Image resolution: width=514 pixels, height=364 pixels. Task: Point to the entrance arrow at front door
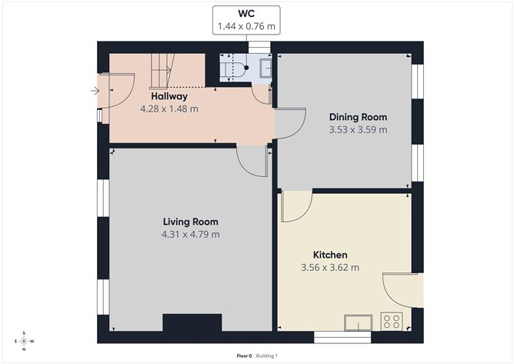tap(95, 91)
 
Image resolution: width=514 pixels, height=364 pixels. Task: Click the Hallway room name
tap(169, 97)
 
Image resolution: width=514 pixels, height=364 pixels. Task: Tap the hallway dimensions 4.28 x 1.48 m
tap(169, 109)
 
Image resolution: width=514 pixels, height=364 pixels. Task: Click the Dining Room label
tap(358, 117)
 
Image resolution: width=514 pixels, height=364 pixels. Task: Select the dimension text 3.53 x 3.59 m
tap(358, 129)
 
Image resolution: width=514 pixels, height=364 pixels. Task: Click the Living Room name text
tap(190, 222)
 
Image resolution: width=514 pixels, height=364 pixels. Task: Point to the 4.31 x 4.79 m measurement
tap(190, 234)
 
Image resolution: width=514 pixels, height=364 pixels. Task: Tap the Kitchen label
tap(329, 255)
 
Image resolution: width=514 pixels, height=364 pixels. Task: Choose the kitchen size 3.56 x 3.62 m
tap(329, 267)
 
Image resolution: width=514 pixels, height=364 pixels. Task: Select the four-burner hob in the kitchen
tap(392, 320)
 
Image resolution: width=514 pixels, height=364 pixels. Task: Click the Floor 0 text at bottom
tap(245, 356)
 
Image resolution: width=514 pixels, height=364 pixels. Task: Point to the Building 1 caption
tap(267, 356)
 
